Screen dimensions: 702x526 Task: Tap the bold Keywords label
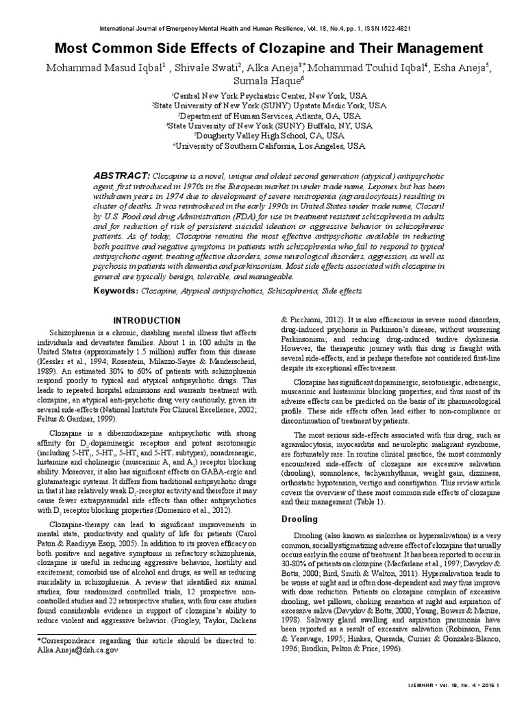point(116,291)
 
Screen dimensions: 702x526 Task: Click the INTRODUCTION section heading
point(147,321)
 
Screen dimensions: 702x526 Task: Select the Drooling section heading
point(299,520)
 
